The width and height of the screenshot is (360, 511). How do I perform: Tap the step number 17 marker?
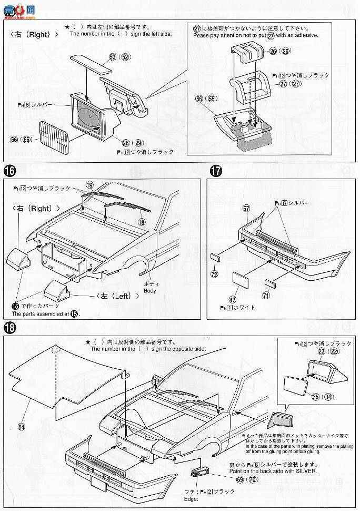[215, 171]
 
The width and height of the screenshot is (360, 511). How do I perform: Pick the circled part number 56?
[198, 98]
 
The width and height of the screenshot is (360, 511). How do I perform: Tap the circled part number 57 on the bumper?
[245, 209]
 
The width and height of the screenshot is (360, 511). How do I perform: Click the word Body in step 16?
[151, 290]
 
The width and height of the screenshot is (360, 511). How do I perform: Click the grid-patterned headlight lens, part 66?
[54, 133]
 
